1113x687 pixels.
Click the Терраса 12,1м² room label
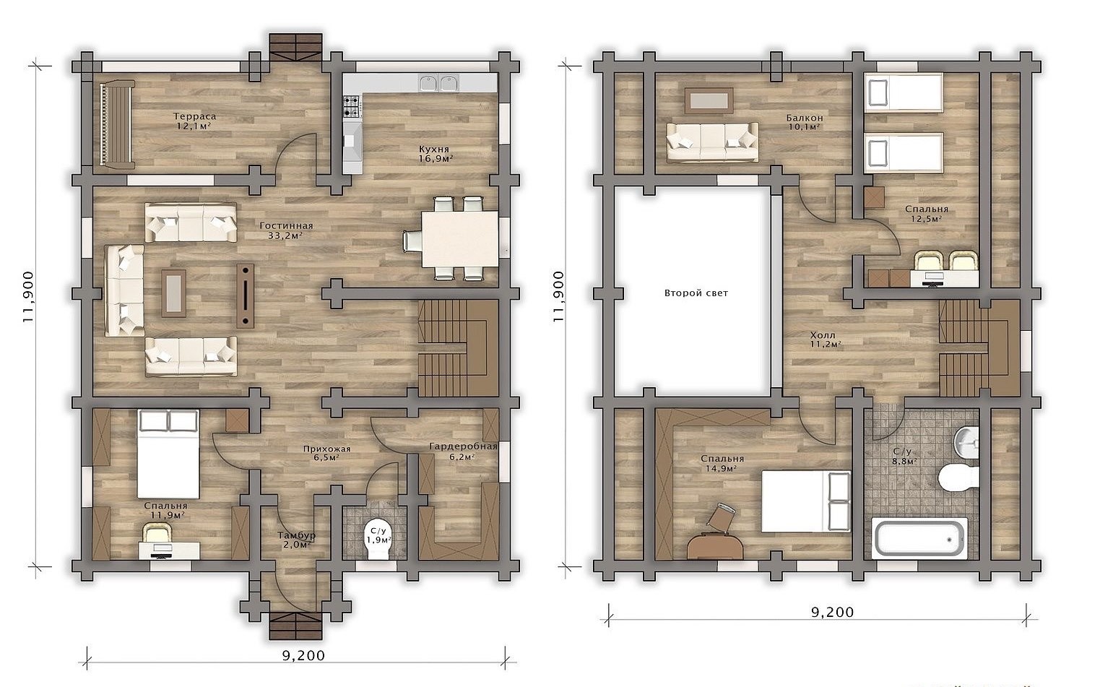[194, 121]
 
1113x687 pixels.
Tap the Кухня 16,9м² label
[434, 154]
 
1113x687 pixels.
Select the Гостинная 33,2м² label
[286, 230]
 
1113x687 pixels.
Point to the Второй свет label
[696, 293]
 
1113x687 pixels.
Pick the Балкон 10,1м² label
[805, 122]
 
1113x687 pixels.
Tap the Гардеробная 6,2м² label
[463, 451]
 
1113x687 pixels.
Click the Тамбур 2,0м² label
[297, 540]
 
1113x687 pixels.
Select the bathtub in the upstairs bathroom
[919, 538]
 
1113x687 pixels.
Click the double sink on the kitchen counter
[438, 84]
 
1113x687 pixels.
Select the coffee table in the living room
[173, 293]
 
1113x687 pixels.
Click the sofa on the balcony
[712, 142]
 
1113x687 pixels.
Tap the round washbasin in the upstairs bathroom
[966, 440]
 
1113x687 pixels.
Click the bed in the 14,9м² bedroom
[806, 501]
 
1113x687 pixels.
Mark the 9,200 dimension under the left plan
[303, 656]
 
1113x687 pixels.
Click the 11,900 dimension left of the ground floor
[28, 297]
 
